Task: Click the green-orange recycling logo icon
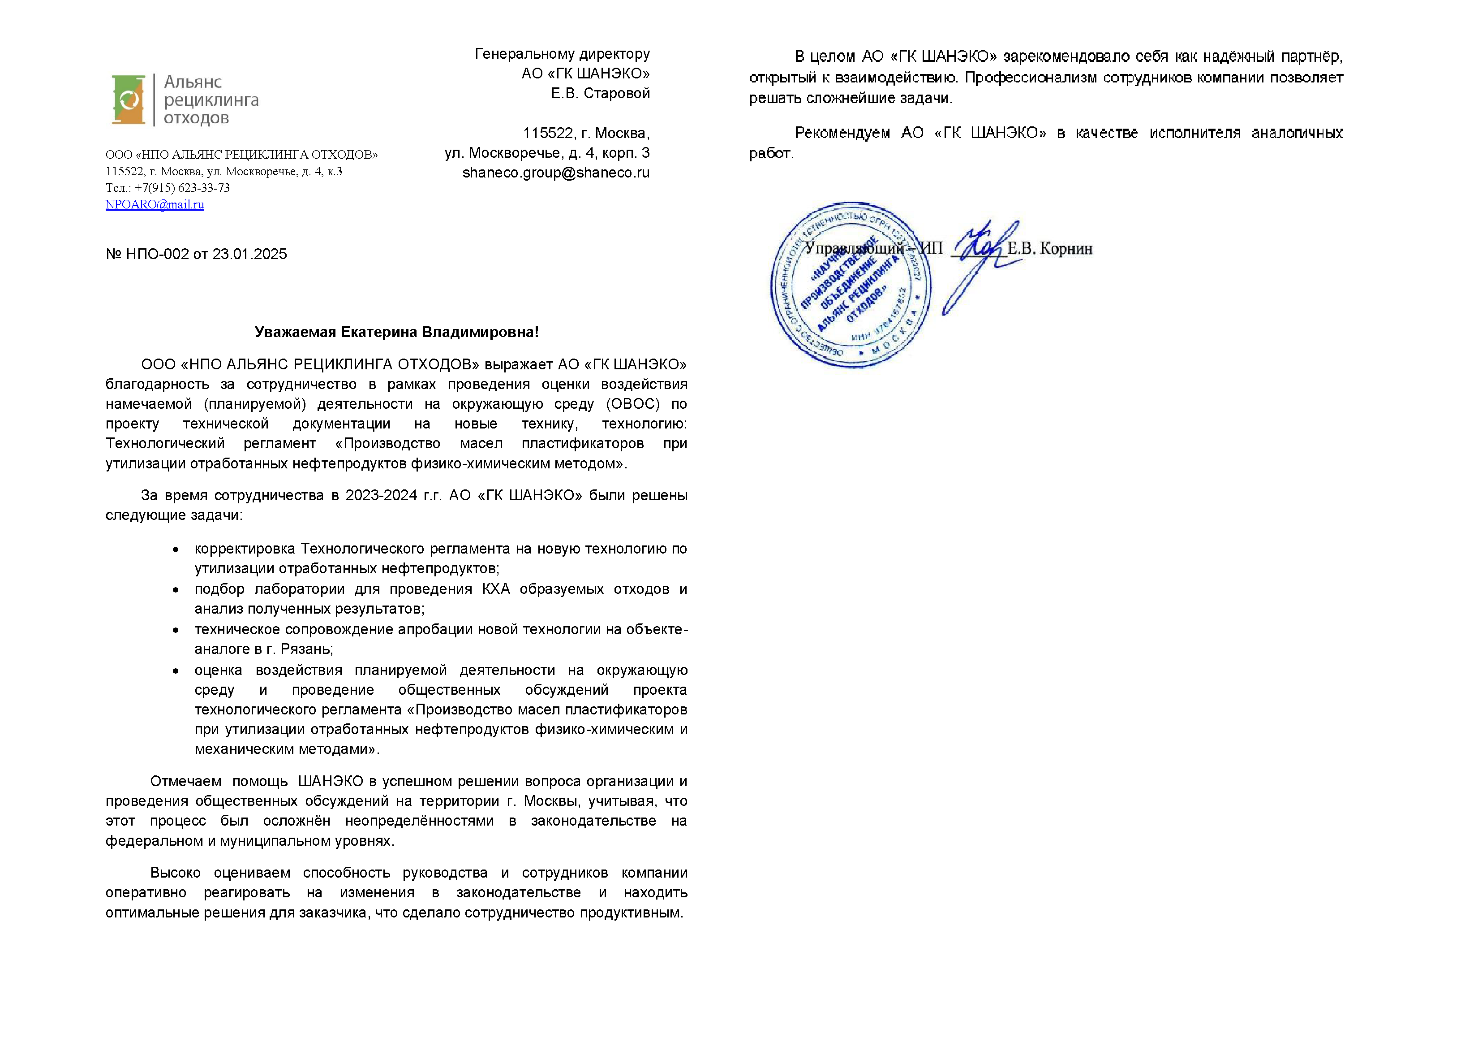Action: point(128,100)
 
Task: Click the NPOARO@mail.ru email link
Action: point(155,204)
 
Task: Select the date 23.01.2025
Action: point(249,254)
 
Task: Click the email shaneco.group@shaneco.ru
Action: point(555,173)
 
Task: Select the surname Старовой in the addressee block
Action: point(617,94)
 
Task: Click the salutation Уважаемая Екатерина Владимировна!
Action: point(396,332)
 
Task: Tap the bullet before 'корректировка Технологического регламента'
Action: point(175,549)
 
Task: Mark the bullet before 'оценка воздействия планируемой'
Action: point(175,671)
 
